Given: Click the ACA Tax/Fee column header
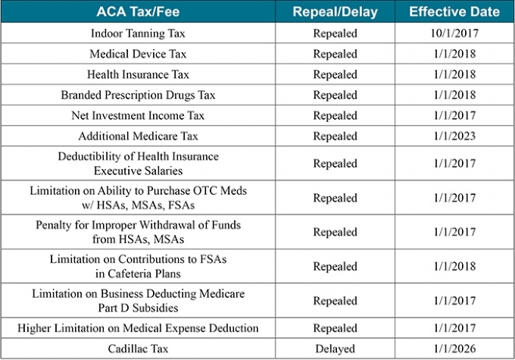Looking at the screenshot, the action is (x=138, y=12).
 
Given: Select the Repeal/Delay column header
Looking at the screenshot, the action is (x=335, y=12).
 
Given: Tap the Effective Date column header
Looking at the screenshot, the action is (x=454, y=12).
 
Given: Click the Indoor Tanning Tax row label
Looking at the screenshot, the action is (x=138, y=33).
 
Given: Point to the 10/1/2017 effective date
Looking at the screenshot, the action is (x=454, y=33).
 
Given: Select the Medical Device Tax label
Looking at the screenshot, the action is (x=138, y=54).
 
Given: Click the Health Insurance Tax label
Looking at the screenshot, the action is (x=138, y=74).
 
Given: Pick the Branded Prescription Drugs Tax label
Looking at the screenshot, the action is (x=138, y=95).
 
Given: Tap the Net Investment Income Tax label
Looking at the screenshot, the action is (x=138, y=115).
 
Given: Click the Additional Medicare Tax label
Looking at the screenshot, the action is (x=138, y=136).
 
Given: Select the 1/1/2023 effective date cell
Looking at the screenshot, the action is (x=454, y=136).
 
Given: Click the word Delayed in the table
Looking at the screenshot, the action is (x=335, y=349).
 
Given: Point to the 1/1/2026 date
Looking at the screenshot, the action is (x=454, y=349).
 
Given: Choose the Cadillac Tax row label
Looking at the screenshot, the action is (x=138, y=349).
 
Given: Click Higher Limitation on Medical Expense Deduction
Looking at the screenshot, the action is (x=138, y=328).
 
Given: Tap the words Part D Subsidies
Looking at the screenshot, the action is (x=138, y=308).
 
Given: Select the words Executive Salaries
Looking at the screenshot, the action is (x=138, y=171).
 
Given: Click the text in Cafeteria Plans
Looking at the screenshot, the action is (x=138, y=274).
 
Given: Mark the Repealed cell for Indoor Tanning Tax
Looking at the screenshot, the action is (x=335, y=33).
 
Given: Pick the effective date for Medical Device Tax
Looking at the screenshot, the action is (x=454, y=54).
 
